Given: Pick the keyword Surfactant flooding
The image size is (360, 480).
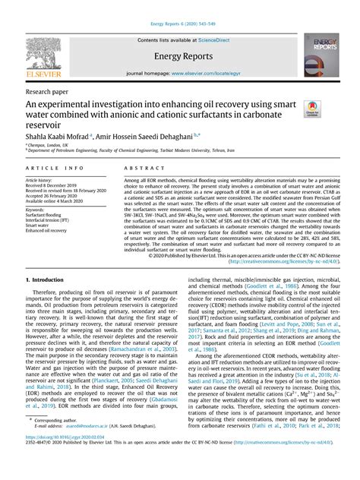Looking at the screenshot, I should coord(45,215).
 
